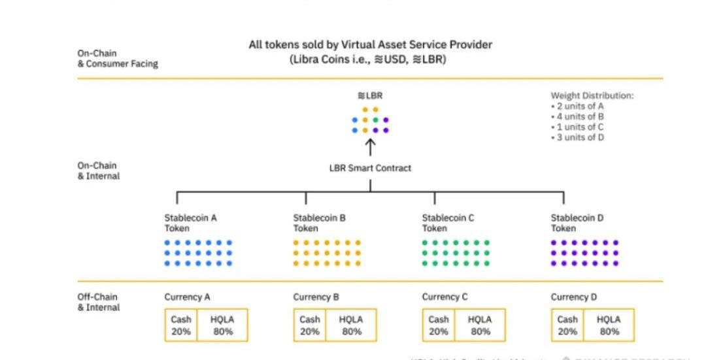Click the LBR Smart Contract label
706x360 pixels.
(x=370, y=168)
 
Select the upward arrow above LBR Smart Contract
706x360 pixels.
(x=370, y=147)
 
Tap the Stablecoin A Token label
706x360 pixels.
(x=190, y=223)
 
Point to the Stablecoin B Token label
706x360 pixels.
(x=319, y=223)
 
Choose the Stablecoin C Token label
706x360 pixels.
(x=448, y=223)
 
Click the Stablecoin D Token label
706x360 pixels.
(x=577, y=223)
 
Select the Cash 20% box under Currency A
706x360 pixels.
(x=181, y=325)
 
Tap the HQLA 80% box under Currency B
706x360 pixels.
(x=352, y=325)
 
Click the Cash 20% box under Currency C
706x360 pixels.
(x=439, y=325)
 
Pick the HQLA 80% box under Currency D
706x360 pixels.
(x=609, y=325)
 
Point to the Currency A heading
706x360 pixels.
(x=187, y=297)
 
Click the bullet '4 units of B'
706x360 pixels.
(x=577, y=116)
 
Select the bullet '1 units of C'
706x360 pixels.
(x=577, y=127)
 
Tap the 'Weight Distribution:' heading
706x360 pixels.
(x=592, y=95)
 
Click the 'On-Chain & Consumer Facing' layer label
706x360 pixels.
(x=117, y=59)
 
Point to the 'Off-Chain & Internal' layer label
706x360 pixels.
(x=99, y=302)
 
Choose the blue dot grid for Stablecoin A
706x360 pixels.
(x=198, y=253)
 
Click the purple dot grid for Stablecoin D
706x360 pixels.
(x=584, y=253)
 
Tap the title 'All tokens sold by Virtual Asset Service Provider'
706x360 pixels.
(x=370, y=44)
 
